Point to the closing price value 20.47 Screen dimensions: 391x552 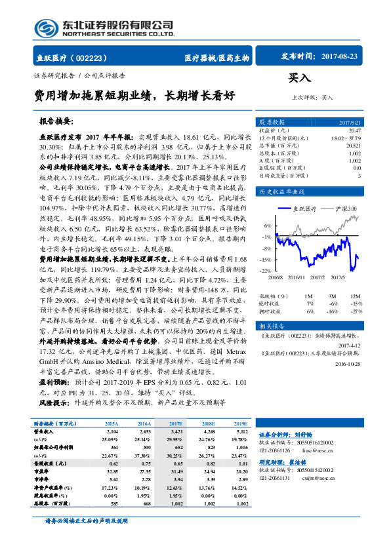coord(354,131)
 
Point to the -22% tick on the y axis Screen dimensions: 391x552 coord(266,270)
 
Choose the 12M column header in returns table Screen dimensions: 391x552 coord(355,296)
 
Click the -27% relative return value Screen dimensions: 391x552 coord(355,311)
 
